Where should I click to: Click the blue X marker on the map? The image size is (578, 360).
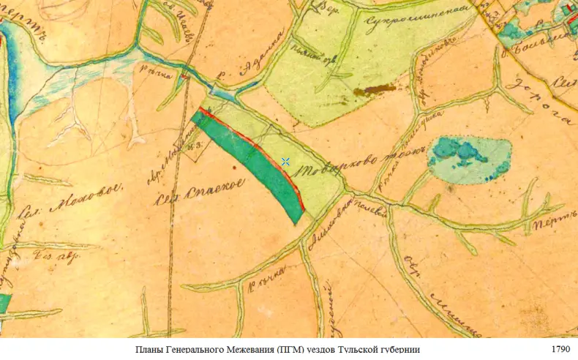tap(285, 162)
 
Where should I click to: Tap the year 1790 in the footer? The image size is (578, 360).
tap(559, 350)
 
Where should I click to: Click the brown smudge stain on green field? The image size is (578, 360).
tap(375, 91)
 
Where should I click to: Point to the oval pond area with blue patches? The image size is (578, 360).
tap(468, 159)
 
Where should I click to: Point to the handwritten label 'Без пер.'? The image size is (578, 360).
tap(57, 257)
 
